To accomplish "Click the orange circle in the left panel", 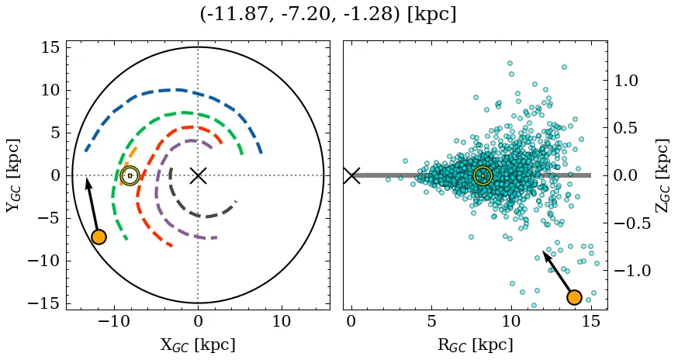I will click(99, 237).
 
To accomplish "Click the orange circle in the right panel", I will click(574, 297).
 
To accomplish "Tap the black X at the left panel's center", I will click(198, 175).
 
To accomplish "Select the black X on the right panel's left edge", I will click(351, 175).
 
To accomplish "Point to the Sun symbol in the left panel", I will click(130, 176).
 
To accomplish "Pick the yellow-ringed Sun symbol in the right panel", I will click(483, 176).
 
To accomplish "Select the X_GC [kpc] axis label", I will click(197, 344).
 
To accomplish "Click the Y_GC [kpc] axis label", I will click(13, 175).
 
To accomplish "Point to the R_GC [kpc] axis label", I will click(475, 344).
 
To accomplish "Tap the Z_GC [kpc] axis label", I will click(662, 175).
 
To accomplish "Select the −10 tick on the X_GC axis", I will click(114, 321).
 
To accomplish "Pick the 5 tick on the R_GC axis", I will click(431, 321).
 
